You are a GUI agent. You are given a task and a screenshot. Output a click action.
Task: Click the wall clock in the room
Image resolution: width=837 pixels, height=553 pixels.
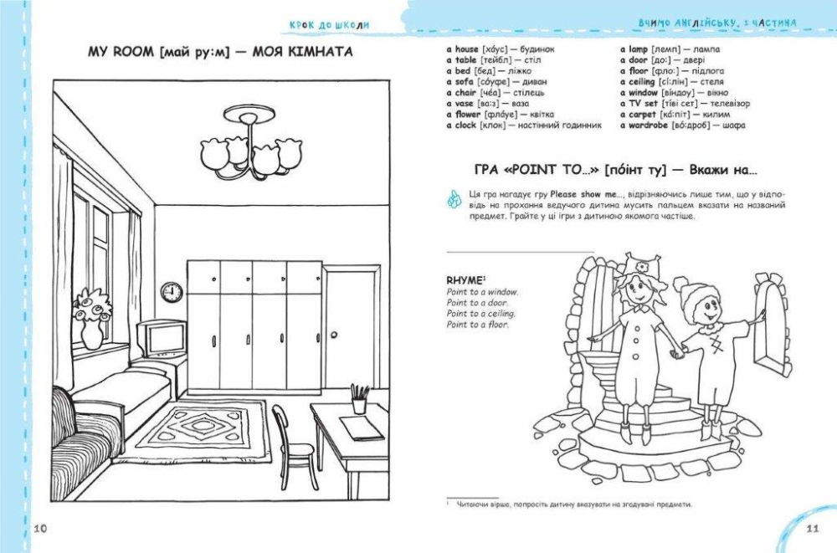(172, 292)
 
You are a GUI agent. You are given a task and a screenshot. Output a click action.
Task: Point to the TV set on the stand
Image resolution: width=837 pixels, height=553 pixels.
(162, 339)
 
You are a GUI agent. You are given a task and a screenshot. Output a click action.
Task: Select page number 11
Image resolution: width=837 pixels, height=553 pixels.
(812, 529)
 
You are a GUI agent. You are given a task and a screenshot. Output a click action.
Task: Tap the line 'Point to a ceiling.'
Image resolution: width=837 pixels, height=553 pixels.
(481, 314)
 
